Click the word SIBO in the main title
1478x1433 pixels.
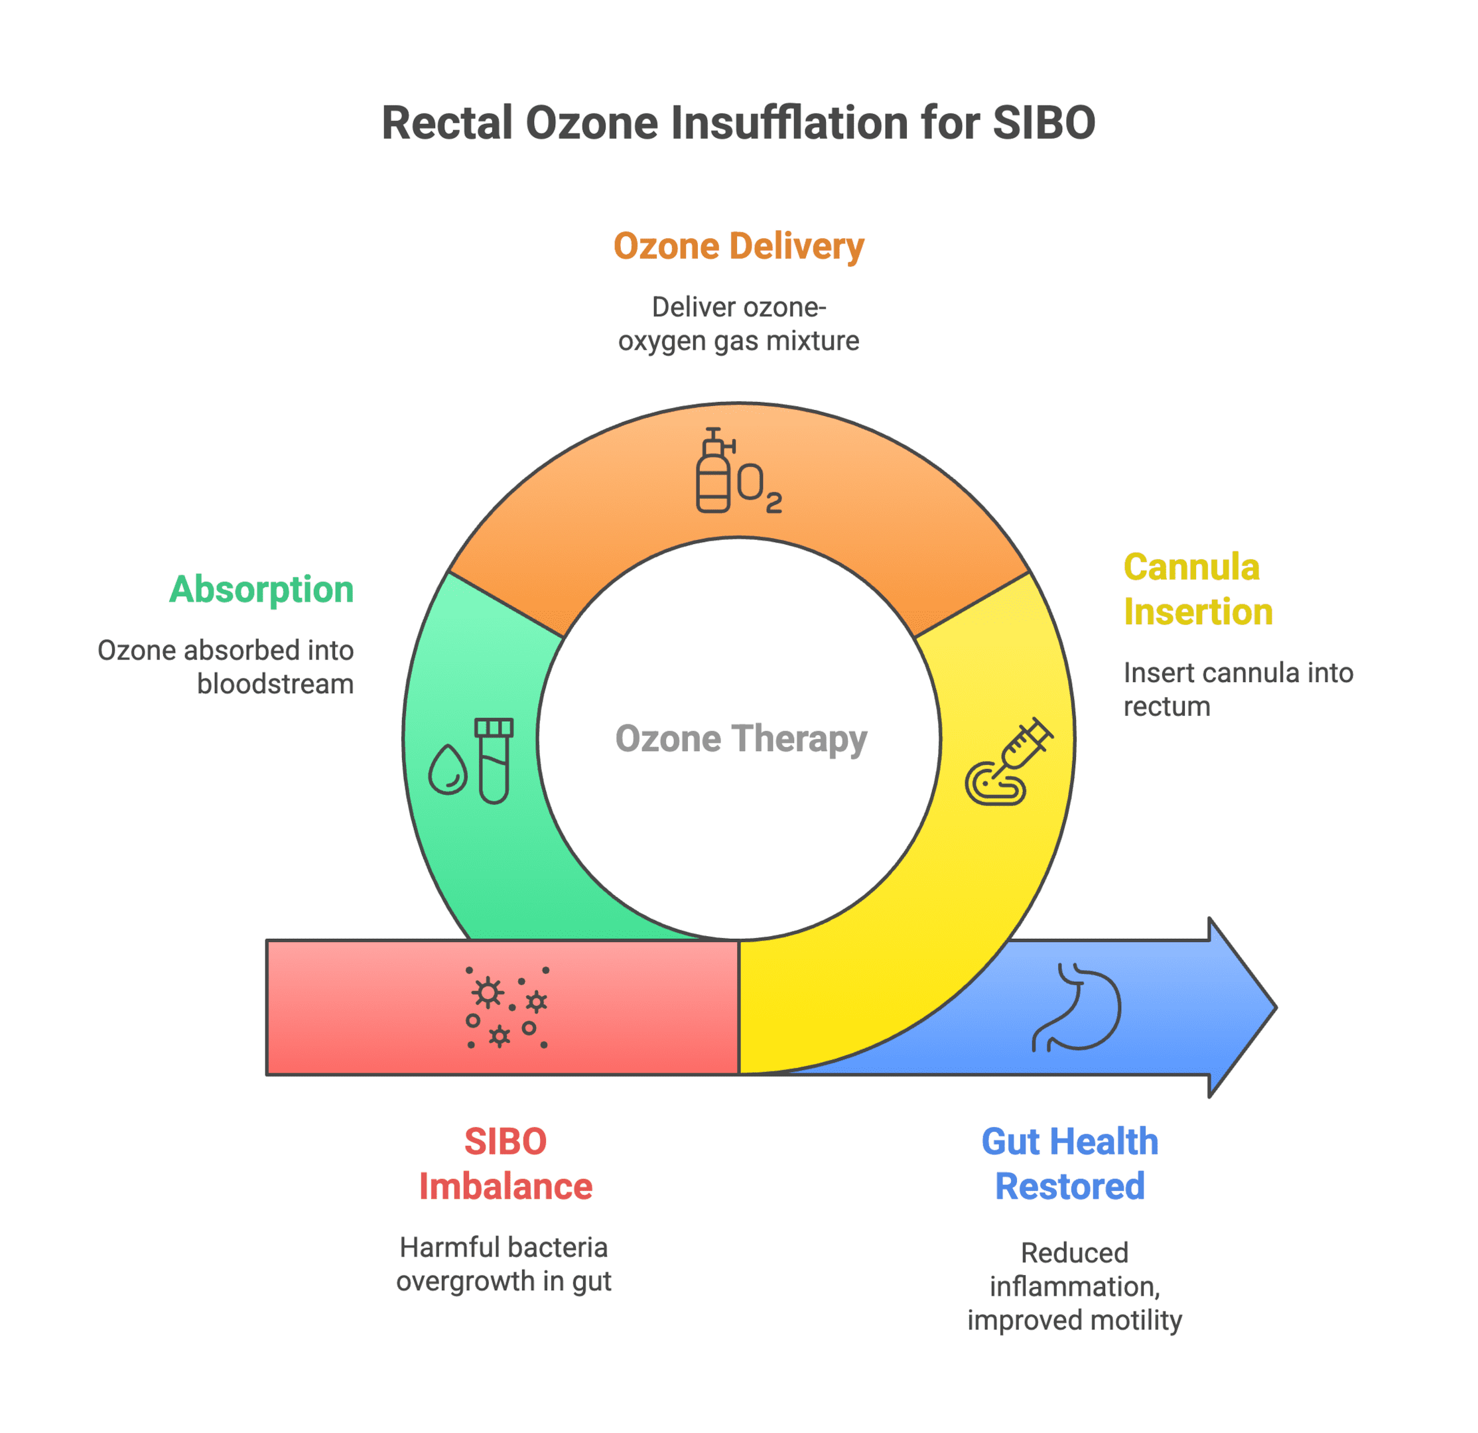pyautogui.click(x=1043, y=123)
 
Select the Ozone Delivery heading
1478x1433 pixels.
pyautogui.click(x=738, y=247)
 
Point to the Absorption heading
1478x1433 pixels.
pyautogui.click(x=261, y=589)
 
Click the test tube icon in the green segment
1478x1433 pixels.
pyautogui.click(x=494, y=760)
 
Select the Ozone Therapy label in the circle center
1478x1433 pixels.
pyautogui.click(x=741, y=739)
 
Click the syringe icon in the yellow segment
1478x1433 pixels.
pyautogui.click(x=1009, y=761)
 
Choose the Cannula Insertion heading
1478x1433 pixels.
pyautogui.click(x=1198, y=589)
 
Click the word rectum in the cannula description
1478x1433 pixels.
pyautogui.click(x=1167, y=707)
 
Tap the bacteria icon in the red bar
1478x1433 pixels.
pyautogui.click(x=507, y=1007)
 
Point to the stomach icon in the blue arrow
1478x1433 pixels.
pyautogui.click(x=1076, y=1007)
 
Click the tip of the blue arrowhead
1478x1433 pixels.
pyautogui.click(x=1276, y=1007)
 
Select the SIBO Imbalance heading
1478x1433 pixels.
pyautogui.click(x=505, y=1164)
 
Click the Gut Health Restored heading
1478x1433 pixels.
pyautogui.click(x=1070, y=1164)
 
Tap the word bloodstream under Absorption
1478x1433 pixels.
pyautogui.click(x=275, y=684)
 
